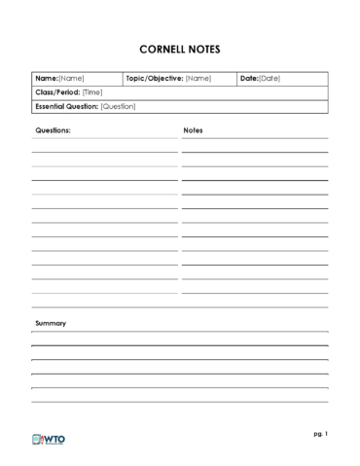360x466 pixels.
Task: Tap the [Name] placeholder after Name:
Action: [x=72, y=78]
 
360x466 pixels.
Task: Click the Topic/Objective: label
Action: [x=155, y=78]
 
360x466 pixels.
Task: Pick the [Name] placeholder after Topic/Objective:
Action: [x=198, y=78]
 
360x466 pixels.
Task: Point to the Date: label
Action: [x=249, y=78]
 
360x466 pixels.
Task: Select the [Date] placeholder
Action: [x=270, y=78]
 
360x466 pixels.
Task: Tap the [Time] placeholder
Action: [x=92, y=91]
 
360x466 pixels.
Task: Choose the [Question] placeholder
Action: [x=119, y=105]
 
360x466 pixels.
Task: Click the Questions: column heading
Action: [x=53, y=128]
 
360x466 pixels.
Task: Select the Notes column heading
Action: [x=193, y=128]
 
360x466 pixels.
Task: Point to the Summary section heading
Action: [x=51, y=322]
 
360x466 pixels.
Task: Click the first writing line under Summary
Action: [x=179, y=333]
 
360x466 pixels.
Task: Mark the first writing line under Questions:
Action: [x=104, y=139]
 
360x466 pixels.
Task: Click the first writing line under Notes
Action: [x=254, y=139]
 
